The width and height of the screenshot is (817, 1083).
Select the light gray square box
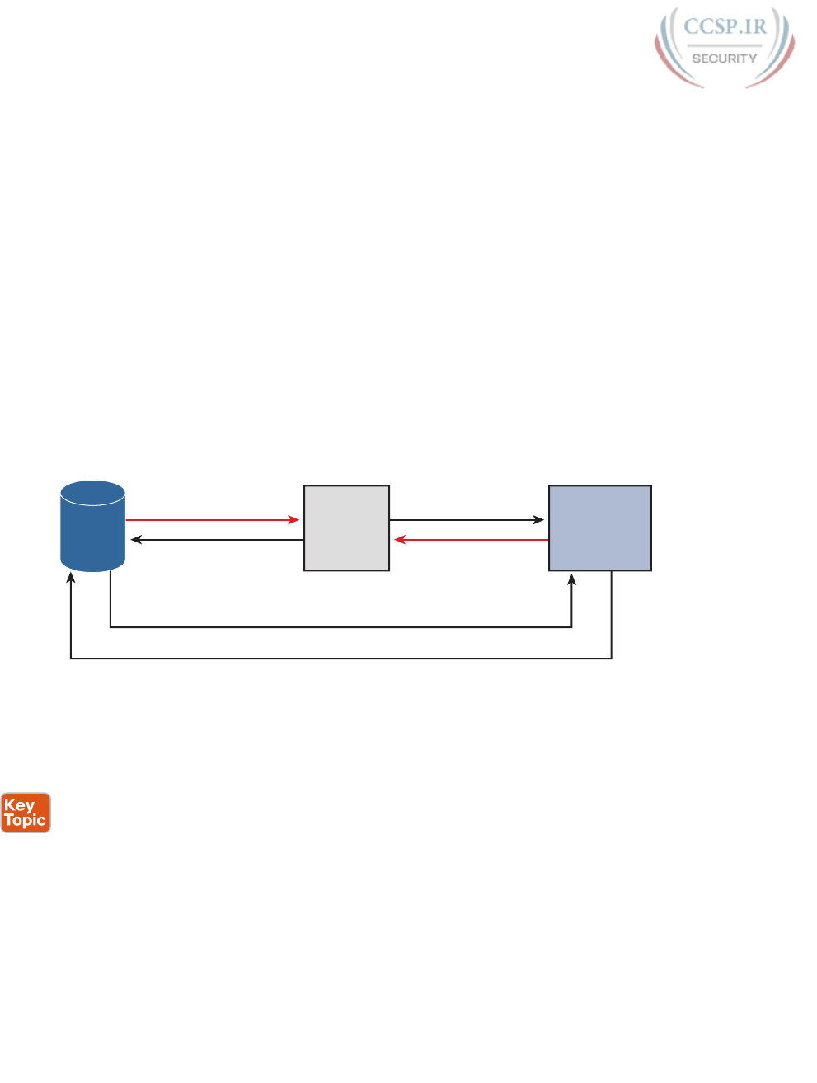pos(346,528)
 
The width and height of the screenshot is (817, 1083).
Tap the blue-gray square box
pos(600,528)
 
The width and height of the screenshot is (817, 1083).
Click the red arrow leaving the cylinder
pos(210,520)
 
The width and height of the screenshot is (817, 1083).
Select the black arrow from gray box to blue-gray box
pos(466,520)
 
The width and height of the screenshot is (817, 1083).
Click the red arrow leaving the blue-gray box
pos(474,540)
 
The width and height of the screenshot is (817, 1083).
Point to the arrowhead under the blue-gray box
pos(572,581)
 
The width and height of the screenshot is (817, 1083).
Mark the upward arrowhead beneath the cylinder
pos(71,580)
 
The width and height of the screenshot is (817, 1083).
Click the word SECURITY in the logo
pos(724,59)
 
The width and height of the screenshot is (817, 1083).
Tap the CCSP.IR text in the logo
pos(725,27)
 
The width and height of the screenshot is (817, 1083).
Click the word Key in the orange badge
pos(19,805)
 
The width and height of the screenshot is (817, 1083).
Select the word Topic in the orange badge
pos(26,821)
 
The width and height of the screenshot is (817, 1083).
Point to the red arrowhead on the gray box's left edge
pos(294,520)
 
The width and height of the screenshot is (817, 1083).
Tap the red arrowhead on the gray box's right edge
pos(400,540)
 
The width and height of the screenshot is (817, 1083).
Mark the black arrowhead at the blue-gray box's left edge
pos(539,520)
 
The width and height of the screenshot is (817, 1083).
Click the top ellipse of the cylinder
pos(93,493)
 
